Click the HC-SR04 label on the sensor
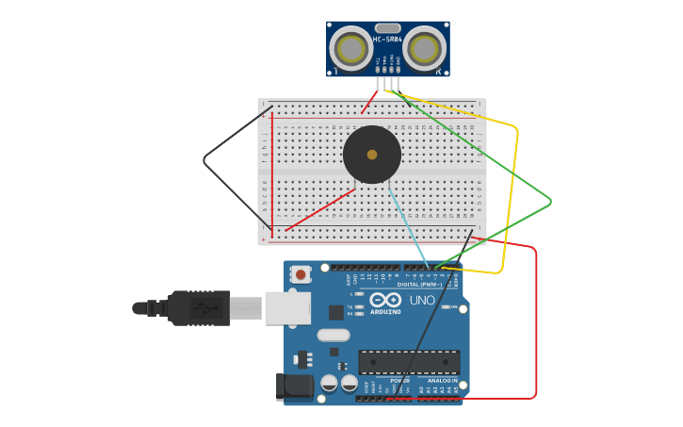coord(387,40)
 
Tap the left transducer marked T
coord(350,48)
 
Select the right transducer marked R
coord(425,48)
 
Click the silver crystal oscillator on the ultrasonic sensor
coord(387,28)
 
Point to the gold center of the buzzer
coord(372,155)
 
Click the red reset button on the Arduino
coord(301,274)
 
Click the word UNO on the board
coord(422,301)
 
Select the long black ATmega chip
coord(409,362)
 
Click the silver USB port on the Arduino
coord(287,307)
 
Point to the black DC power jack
coord(295,387)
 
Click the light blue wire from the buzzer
coord(407,226)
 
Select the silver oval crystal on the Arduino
coord(333,335)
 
